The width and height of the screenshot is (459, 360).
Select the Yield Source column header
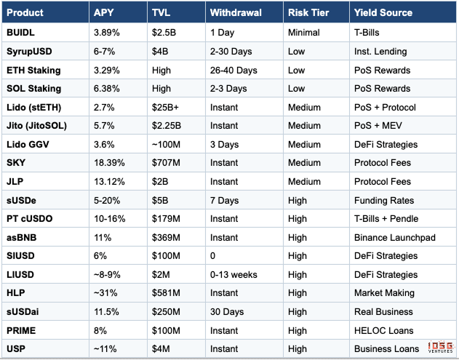pyautogui.click(x=383, y=13)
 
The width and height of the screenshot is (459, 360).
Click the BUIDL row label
pyautogui.click(x=21, y=33)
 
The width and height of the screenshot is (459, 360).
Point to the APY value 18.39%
pyautogui.click(x=110, y=163)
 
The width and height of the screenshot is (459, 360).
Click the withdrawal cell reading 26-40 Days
pyautogui.click(x=234, y=70)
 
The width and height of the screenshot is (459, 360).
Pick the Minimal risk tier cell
pyautogui.click(x=303, y=33)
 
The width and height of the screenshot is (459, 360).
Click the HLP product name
pyautogui.click(x=17, y=293)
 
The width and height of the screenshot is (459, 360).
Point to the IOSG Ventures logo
pyautogui.click(x=440, y=348)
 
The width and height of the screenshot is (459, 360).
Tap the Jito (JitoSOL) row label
pyautogui.click(x=36, y=125)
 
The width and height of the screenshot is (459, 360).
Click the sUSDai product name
pyautogui.click(x=24, y=311)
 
